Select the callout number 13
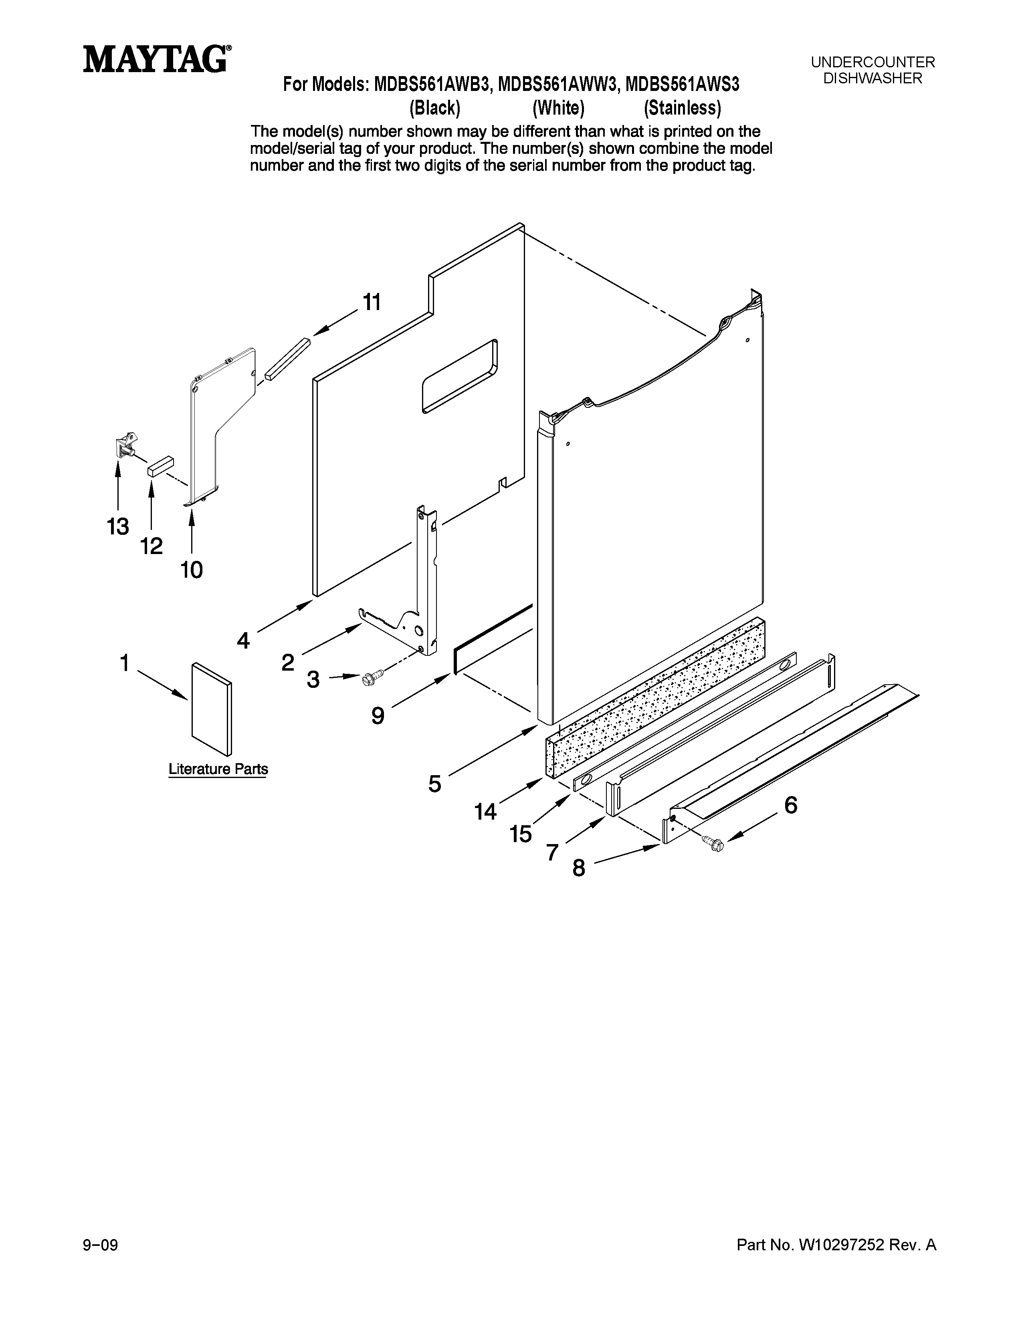pos(118,527)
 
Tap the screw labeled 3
pos(371,677)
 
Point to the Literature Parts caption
pos(218,769)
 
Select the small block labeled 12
pos(160,467)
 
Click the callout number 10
pos(191,570)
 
